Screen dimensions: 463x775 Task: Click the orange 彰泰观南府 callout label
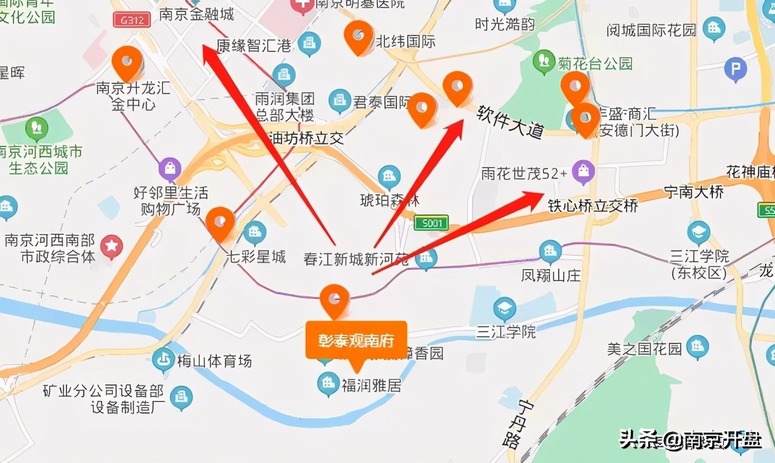click(356, 341)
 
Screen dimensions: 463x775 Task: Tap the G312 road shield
click(132, 19)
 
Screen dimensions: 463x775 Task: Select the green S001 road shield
click(431, 223)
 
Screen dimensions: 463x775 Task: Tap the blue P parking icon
click(735, 70)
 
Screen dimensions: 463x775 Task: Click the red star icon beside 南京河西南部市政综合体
click(112, 247)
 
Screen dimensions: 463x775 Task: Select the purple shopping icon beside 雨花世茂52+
click(583, 171)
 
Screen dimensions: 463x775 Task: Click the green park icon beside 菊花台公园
click(544, 62)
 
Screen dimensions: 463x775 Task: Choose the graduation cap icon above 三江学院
click(505, 309)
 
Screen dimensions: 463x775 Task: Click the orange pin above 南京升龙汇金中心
click(127, 61)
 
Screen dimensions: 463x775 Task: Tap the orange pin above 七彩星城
click(220, 222)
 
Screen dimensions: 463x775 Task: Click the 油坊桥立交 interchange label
click(307, 138)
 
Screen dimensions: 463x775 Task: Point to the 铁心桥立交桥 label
click(592, 206)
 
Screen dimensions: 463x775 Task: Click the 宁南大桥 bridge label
click(693, 191)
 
